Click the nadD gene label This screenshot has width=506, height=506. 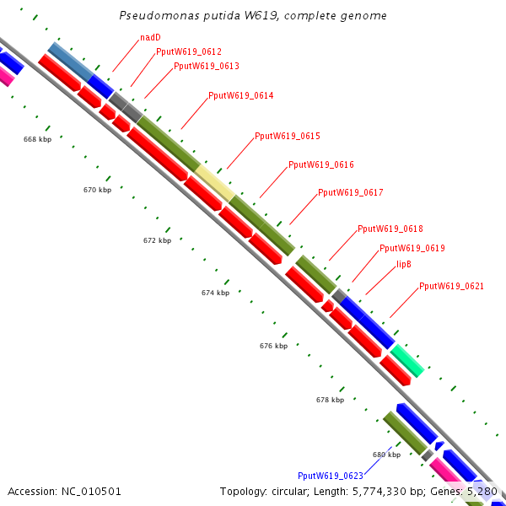pyautogui.click(x=150, y=38)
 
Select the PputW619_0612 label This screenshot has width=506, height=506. pyautogui.click(x=189, y=52)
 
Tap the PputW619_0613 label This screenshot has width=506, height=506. pyautogui.click(x=207, y=66)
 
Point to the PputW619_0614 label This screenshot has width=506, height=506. pyautogui.click(x=240, y=96)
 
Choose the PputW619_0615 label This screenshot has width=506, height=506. pyautogui.click(x=288, y=136)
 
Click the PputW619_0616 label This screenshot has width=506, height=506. pyautogui.click(x=321, y=165)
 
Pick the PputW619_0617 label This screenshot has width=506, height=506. pyautogui.click(x=351, y=193)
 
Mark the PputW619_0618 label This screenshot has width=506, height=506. pyautogui.click(x=390, y=229)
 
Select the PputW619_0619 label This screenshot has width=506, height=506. pyautogui.click(x=412, y=249)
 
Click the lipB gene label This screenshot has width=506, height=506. pyautogui.click(x=404, y=265)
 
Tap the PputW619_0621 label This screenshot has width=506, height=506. pyautogui.click(x=451, y=287)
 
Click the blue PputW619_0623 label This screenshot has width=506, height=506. pyautogui.click(x=331, y=476)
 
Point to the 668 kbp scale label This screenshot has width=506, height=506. pyautogui.click(x=37, y=139)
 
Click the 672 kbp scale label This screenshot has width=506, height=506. pyautogui.click(x=157, y=240)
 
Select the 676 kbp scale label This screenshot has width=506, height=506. pyautogui.click(x=273, y=346)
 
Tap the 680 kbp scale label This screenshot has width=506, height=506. pyautogui.click(x=386, y=455)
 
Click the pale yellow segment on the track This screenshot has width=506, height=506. pyautogui.click(x=215, y=183)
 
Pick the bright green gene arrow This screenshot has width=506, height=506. pyautogui.click(x=407, y=360)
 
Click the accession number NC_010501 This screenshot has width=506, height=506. pyautogui.click(x=65, y=491)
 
